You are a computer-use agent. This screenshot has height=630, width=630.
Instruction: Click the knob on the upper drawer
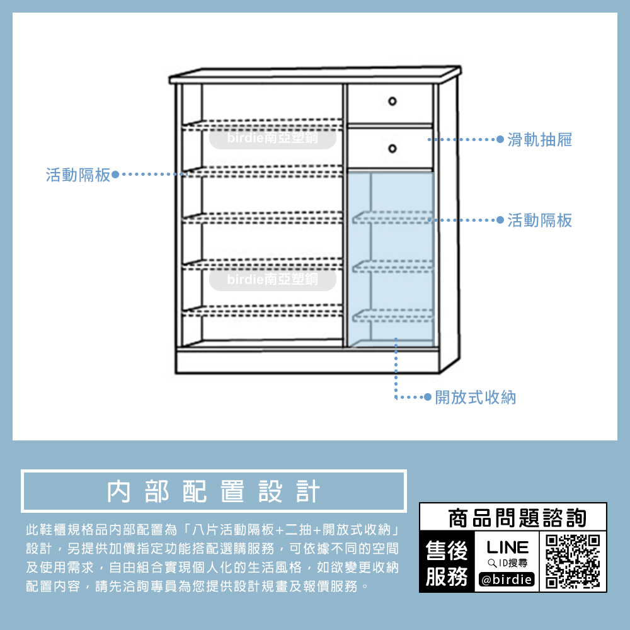[392, 101]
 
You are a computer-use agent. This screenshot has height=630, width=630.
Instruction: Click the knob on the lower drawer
[392, 148]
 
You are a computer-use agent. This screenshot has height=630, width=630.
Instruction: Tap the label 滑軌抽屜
[540, 140]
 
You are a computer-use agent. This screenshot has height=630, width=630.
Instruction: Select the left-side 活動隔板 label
[77, 175]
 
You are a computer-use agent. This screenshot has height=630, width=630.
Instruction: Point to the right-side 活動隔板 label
[540, 220]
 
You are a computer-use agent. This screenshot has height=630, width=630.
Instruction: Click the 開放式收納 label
[476, 398]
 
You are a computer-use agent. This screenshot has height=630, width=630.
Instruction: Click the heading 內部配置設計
[214, 491]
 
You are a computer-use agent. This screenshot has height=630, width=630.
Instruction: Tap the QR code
[573, 560]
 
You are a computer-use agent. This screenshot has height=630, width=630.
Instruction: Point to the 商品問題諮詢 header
[517, 518]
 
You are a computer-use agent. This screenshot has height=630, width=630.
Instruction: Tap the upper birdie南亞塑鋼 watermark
[272, 139]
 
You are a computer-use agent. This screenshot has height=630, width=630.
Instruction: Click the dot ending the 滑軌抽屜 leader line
[500, 140]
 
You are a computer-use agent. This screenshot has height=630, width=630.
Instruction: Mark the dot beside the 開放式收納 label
[428, 398]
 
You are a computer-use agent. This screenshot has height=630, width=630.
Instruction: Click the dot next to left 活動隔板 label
[115, 175]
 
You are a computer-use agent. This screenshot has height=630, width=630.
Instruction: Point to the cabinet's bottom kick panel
[307, 362]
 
